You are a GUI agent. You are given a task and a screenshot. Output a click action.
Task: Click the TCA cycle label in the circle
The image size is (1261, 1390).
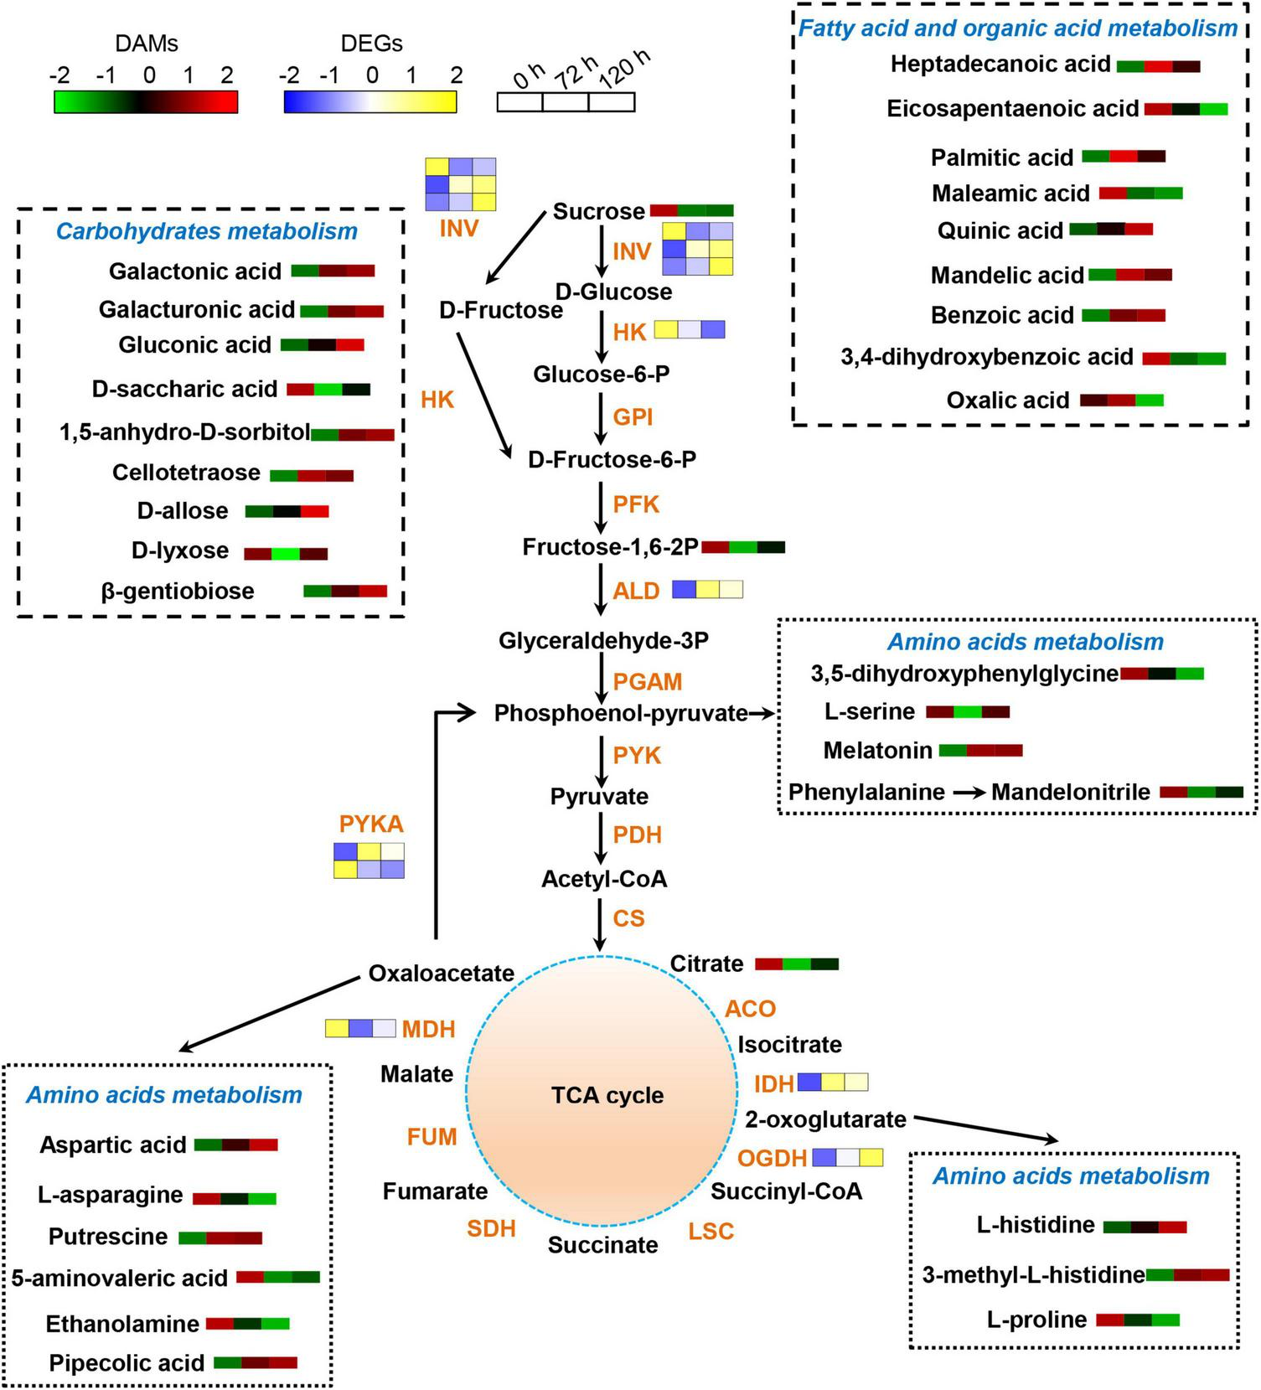(607, 1095)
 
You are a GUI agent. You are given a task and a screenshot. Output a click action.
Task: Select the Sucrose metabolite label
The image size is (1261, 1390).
(598, 211)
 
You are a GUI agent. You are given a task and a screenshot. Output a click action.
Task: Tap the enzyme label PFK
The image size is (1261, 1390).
(636, 504)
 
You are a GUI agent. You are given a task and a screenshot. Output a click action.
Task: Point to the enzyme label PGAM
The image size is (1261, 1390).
(648, 682)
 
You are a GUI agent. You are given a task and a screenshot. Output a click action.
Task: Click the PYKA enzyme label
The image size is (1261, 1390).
(371, 824)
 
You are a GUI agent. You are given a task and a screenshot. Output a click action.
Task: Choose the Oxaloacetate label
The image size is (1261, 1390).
(442, 974)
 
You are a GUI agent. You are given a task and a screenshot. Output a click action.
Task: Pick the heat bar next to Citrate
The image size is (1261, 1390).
(797, 964)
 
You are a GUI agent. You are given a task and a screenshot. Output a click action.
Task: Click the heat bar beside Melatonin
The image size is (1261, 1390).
(980, 751)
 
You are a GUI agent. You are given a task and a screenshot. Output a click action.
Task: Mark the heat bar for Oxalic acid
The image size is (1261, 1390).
(1122, 400)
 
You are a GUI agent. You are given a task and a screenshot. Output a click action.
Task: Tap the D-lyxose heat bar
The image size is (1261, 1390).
(286, 554)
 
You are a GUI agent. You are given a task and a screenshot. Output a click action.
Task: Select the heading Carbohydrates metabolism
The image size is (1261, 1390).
(207, 231)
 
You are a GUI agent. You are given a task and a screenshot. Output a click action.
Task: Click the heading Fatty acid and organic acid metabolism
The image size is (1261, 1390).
(1018, 28)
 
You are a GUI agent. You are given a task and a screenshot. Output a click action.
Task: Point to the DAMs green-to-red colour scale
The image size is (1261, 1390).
(146, 101)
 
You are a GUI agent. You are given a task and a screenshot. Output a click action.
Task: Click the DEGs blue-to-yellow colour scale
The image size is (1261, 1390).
(370, 101)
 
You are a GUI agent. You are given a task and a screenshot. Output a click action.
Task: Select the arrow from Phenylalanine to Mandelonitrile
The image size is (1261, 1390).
(969, 793)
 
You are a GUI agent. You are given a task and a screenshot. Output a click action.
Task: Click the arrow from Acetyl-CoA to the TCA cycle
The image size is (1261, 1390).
(600, 924)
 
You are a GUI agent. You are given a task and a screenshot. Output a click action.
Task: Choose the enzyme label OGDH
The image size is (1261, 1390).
(772, 1159)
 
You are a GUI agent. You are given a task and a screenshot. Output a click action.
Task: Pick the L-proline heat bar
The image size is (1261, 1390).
(1138, 1320)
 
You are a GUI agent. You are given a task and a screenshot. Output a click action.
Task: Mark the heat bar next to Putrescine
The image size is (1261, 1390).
(220, 1238)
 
